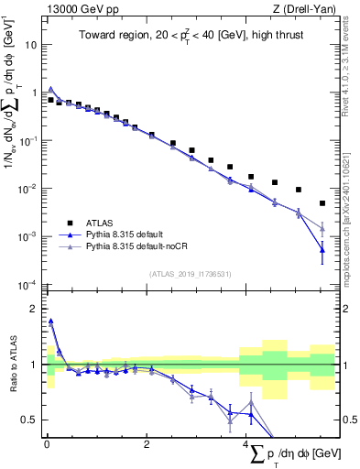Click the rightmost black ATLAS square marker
322,203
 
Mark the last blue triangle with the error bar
322,249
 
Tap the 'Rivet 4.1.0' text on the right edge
353,64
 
